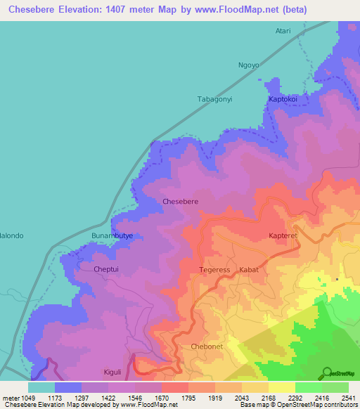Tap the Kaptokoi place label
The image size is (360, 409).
tap(284, 100)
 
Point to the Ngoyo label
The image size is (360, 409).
tap(249, 65)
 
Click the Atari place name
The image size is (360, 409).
tap(282, 31)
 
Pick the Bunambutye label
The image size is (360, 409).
tap(112, 235)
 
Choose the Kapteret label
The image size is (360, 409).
tap(284, 236)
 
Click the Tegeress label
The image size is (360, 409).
tap(214, 270)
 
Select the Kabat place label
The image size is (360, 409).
tap(250, 270)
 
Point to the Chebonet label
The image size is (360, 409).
tap(207, 347)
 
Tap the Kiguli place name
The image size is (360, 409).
tap(112, 372)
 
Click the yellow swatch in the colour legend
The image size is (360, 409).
tap(281, 387)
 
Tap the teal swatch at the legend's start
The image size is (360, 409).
tap(41, 387)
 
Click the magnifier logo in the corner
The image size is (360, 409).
tap(328, 372)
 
